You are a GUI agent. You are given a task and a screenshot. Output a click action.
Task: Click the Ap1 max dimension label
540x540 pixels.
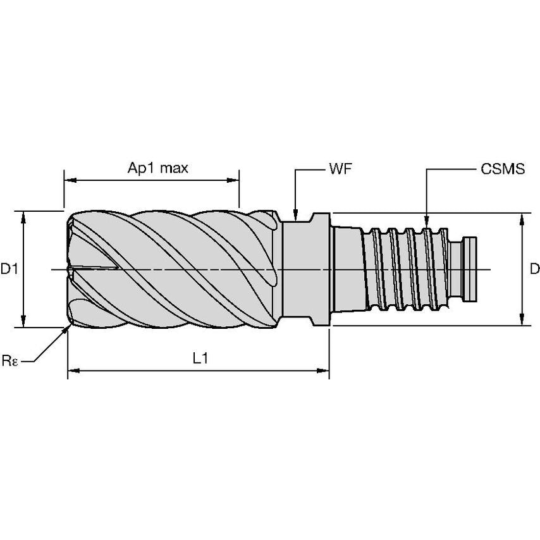point(158,168)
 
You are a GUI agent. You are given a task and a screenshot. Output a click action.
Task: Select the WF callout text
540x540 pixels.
point(340,169)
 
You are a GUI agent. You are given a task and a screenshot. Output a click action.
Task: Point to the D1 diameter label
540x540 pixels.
point(9,269)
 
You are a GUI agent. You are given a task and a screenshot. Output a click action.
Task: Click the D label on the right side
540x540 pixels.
point(534,269)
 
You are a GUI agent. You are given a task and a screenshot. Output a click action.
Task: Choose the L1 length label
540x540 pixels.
point(200,358)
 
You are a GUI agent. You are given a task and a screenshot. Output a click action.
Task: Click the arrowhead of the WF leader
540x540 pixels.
point(295,214)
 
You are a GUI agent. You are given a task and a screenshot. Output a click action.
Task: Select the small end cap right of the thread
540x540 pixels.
point(472,269)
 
